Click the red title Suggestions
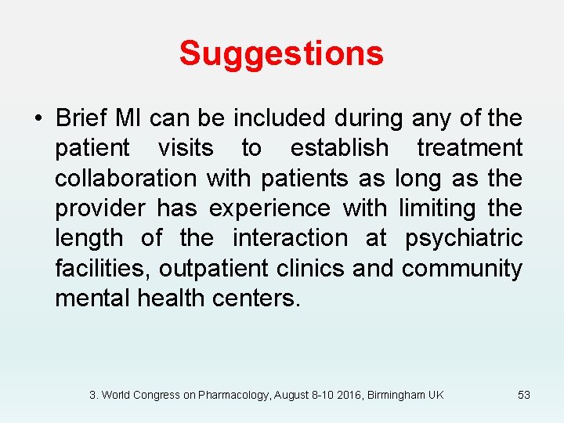click(x=281, y=53)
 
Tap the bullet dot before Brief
click(x=37, y=119)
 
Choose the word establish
click(x=339, y=148)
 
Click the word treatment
click(x=469, y=148)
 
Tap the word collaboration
click(x=125, y=178)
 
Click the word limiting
click(x=438, y=208)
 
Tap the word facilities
click(x=103, y=269)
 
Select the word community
click(x=462, y=269)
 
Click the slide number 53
click(x=524, y=395)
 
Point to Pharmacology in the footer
click(x=233, y=395)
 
